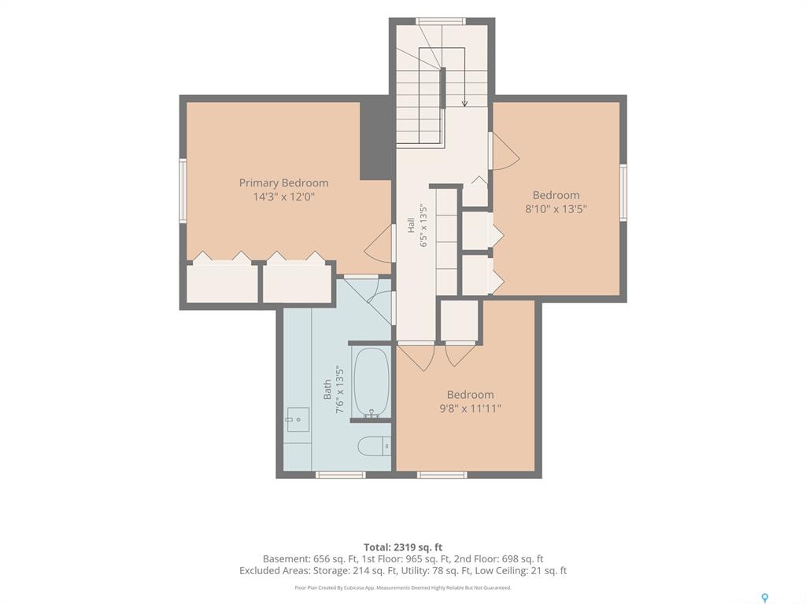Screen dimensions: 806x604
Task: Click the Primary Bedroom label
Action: pos(283,182)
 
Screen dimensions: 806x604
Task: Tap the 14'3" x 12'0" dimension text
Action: pos(283,197)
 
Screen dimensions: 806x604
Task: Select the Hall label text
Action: pos(411,226)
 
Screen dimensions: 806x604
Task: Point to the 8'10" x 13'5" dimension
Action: pos(556,209)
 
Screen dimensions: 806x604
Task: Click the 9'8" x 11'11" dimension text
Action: pos(471,408)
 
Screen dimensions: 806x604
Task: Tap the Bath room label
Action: pos(327,390)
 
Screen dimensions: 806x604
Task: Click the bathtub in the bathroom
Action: pos(371,383)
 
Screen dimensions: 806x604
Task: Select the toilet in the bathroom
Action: pos(374,446)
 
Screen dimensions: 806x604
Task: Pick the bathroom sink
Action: pos(298,420)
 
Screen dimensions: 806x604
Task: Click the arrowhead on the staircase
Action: pos(464,104)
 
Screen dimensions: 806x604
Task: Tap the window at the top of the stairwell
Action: pos(441,21)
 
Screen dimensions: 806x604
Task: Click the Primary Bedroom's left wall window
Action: pos(183,190)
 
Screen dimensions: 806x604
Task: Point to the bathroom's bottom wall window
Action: pos(341,474)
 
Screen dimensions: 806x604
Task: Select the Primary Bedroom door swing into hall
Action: pos(379,250)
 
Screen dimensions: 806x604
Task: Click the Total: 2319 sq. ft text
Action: pos(403,547)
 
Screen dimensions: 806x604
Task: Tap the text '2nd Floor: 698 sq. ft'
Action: pos(498,559)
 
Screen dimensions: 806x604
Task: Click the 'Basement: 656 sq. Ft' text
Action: pos(307,559)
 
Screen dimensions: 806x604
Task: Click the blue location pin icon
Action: pos(765,598)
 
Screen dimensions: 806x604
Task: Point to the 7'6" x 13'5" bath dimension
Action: pos(339,390)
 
